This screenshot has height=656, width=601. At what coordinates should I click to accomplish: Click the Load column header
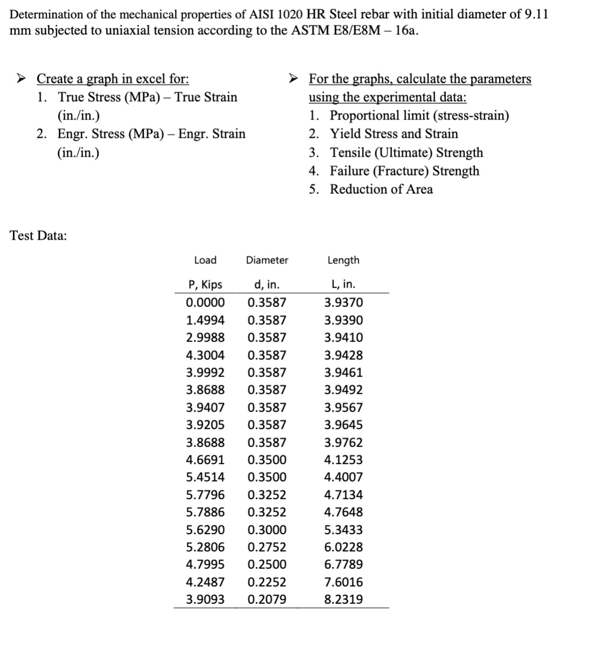(205, 260)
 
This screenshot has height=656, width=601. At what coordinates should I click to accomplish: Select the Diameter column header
(267, 260)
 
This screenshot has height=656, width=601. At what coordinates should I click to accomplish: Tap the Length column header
(343, 260)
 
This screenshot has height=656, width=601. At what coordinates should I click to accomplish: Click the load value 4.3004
(205, 355)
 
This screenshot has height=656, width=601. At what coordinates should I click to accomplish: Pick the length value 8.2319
(343, 599)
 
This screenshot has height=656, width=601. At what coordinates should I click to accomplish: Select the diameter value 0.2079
(267, 599)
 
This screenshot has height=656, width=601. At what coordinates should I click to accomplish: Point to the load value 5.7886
(205, 512)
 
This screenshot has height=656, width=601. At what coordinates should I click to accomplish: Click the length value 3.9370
(343, 303)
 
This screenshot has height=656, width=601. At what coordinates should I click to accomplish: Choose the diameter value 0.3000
(267, 530)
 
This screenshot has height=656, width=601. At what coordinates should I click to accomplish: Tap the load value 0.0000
(205, 303)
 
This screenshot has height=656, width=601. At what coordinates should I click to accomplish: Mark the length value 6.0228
(343, 547)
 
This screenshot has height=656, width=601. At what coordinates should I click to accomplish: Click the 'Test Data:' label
(38, 235)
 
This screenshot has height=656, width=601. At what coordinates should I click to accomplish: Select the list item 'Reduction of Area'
(381, 190)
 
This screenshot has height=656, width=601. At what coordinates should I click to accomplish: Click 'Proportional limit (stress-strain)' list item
(419, 116)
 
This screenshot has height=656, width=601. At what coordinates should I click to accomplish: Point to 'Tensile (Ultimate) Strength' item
(406, 153)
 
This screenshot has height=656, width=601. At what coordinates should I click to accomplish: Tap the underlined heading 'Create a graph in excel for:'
(113, 79)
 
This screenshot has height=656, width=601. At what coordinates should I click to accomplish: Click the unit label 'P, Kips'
(205, 284)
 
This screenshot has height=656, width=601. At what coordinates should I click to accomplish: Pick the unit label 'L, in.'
(343, 284)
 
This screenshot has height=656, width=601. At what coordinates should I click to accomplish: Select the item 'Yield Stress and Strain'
(394, 134)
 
